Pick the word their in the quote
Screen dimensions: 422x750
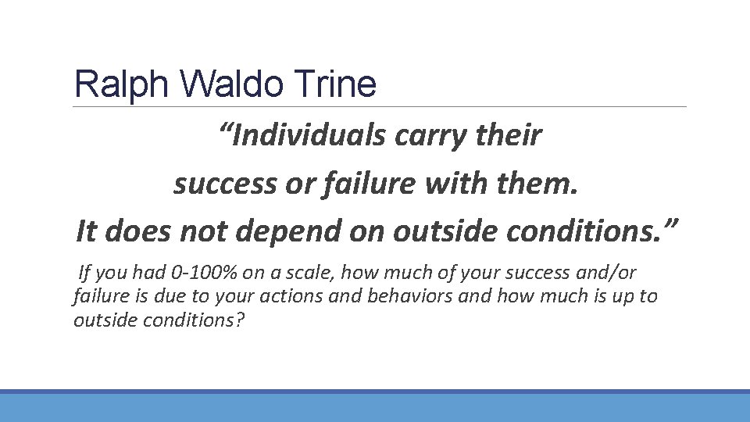pyautogui.click(x=510, y=136)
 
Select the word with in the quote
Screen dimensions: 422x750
pyautogui.click(x=456, y=184)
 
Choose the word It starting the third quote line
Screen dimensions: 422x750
pyautogui.click(x=87, y=231)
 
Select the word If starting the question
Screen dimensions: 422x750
pyautogui.click(x=86, y=274)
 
